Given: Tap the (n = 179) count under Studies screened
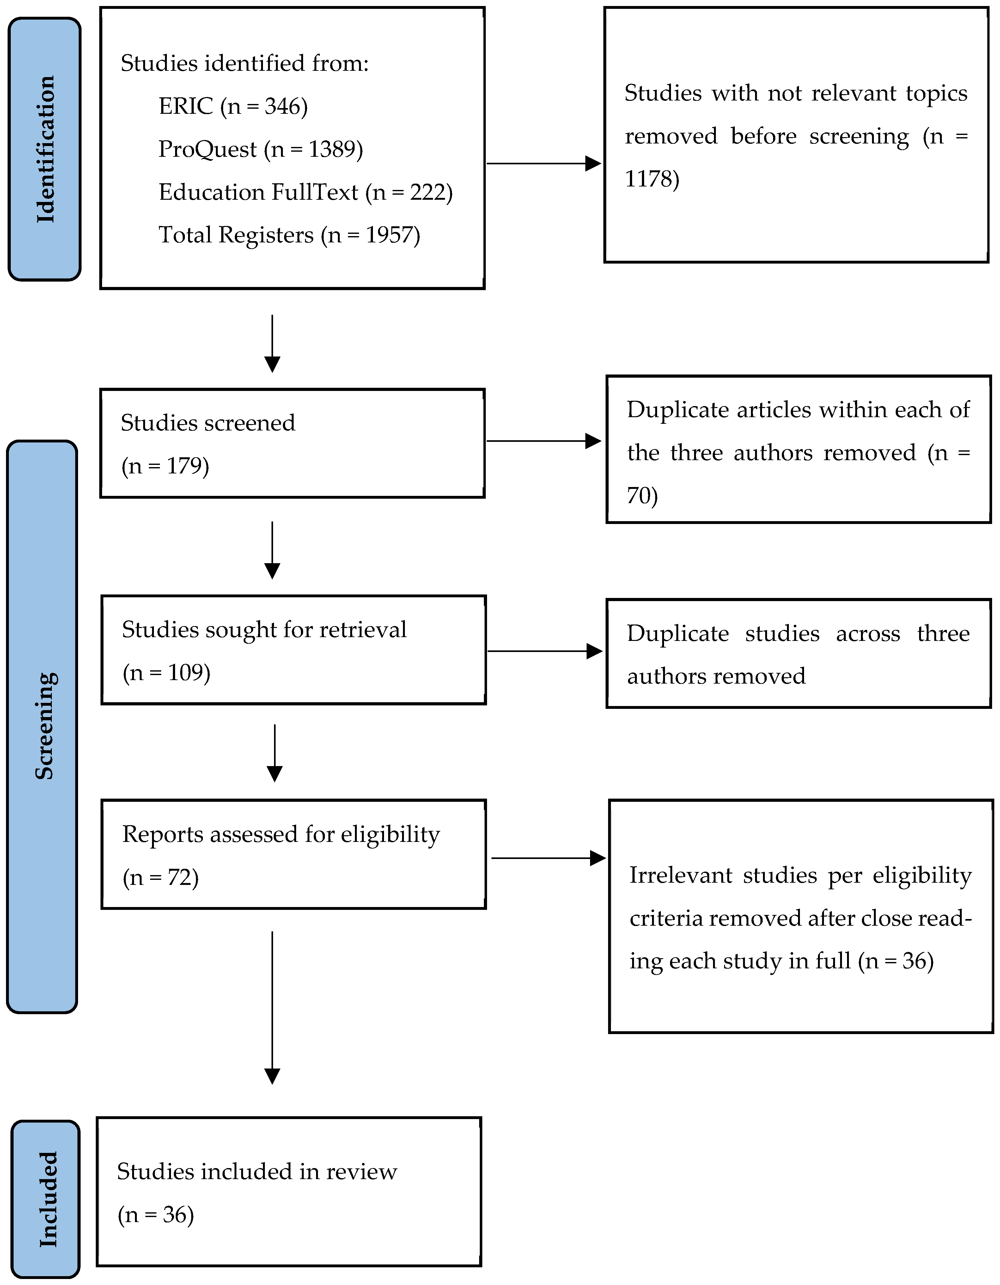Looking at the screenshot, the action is pos(165,466).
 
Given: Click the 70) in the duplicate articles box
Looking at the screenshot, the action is pos(642,496).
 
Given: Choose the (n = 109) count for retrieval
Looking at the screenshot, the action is pos(167,673).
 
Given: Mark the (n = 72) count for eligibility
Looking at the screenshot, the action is pos(161,877).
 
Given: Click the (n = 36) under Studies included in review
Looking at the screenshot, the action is pos(156,1215).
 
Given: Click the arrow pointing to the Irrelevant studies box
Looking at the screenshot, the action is pos(548,858).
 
